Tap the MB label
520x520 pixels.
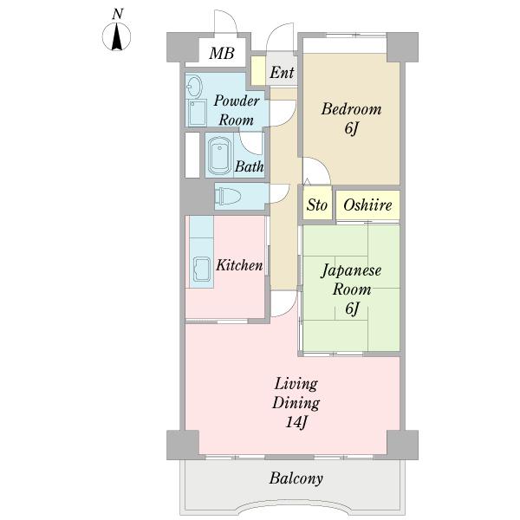222,53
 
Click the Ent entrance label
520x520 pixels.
282,72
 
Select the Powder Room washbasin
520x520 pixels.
193,86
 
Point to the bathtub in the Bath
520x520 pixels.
219,155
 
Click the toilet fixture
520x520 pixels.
227,196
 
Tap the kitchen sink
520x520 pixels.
202,269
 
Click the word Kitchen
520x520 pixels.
239,265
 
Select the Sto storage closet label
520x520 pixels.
316,205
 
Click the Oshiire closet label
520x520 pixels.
367,205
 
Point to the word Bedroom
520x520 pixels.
351,109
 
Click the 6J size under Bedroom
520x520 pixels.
352,128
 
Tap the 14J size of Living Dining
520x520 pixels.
296,422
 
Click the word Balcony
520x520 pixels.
296,478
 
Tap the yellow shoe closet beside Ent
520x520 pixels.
258,71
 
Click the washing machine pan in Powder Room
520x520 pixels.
197,113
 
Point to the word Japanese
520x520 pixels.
351,271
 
